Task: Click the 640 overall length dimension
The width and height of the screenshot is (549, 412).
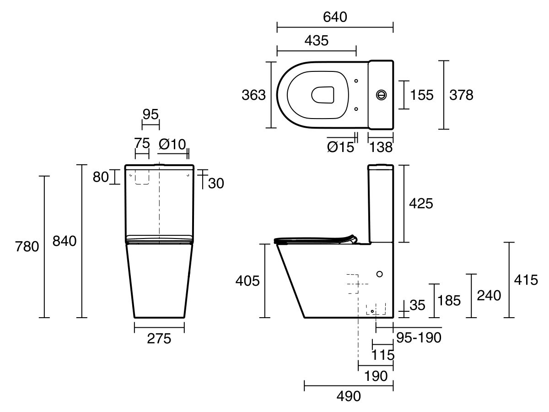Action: (335, 17)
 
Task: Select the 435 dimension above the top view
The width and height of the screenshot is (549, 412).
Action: (316, 40)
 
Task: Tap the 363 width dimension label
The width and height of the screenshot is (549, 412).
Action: (253, 95)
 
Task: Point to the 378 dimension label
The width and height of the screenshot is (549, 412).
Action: (461, 95)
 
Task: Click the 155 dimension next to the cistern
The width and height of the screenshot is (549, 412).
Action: (421, 95)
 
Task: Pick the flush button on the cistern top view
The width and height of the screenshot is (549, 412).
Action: (381, 95)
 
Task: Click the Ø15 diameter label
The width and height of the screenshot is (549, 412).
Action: (341, 147)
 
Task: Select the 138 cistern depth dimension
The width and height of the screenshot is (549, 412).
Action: (381, 147)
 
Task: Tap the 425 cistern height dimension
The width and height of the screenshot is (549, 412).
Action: (420, 203)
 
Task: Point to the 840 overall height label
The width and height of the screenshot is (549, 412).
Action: (65, 241)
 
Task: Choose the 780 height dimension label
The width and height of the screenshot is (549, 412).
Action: (27, 247)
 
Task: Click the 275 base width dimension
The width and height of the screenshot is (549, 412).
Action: (159, 339)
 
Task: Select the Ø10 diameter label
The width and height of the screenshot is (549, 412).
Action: (172, 144)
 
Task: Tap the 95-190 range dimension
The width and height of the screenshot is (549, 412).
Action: (418, 338)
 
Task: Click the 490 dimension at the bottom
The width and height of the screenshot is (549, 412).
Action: (348, 396)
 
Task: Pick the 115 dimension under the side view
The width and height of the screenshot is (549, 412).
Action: (383, 354)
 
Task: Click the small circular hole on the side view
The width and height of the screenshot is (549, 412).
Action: (379, 274)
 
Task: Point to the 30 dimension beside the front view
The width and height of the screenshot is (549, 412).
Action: (216, 183)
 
